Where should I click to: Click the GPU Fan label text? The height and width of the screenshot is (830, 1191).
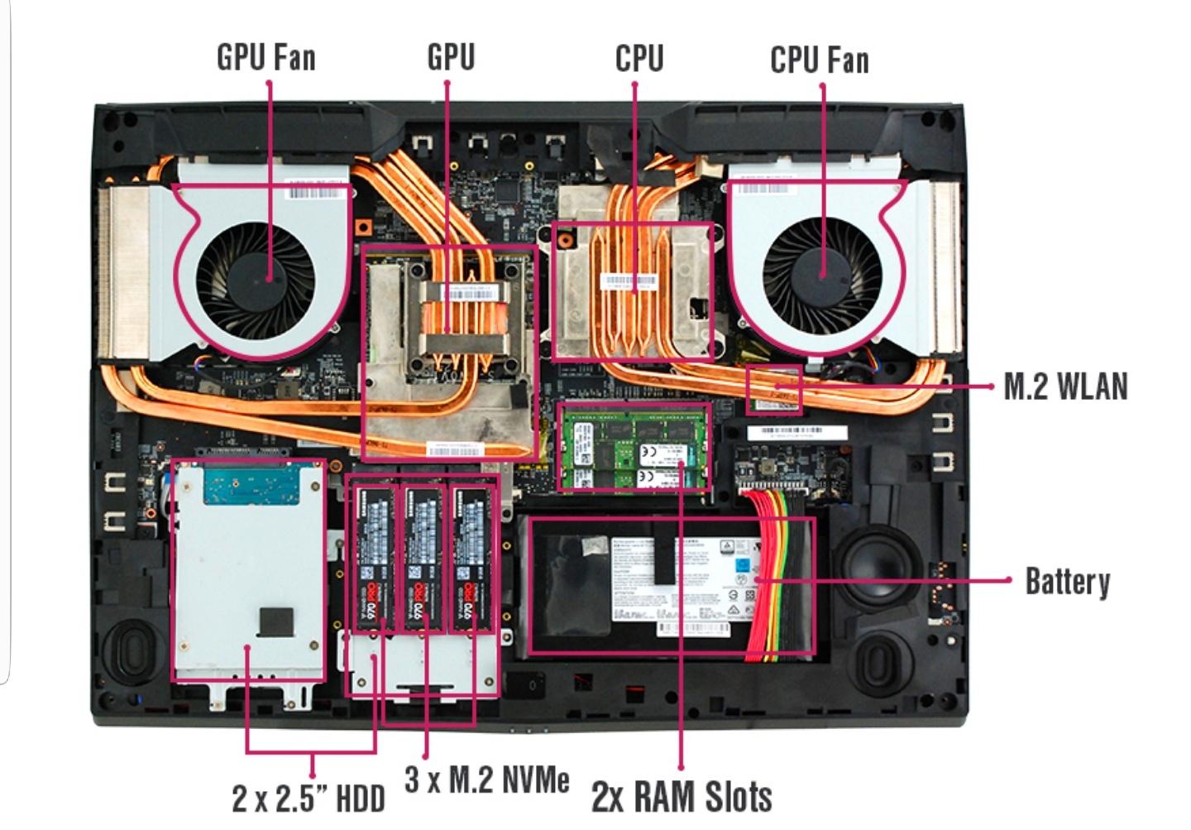265,57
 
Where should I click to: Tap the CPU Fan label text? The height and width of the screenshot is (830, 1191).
819,60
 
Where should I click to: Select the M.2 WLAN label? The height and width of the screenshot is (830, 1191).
1065,386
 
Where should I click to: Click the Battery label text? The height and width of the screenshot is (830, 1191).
1067,581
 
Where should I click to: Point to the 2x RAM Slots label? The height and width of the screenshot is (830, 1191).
682,796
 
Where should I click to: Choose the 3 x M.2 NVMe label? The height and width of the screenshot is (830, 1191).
486,779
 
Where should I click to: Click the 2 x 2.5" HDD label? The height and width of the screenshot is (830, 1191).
308,799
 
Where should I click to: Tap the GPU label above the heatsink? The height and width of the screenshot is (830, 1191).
451,57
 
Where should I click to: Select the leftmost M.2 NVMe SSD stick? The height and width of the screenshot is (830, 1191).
375,559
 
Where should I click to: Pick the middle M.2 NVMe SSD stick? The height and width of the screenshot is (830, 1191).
423,559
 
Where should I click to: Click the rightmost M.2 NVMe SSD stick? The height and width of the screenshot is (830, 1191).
472,559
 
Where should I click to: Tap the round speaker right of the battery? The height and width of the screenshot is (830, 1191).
875,564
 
